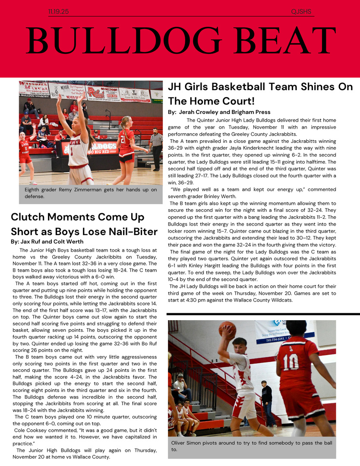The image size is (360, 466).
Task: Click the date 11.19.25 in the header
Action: click(58, 12)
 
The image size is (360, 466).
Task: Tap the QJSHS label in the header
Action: click(301, 12)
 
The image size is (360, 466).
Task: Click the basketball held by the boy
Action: click(227, 330)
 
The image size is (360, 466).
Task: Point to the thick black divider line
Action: click(263, 314)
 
